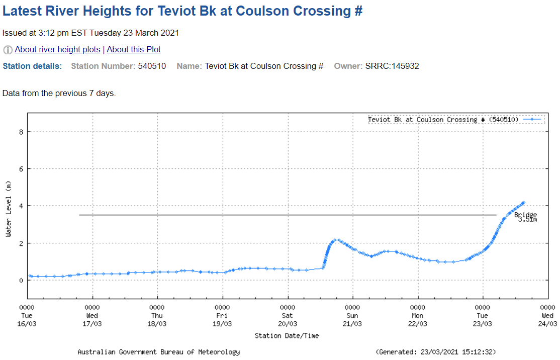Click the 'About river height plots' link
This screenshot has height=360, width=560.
pyautogui.click(x=57, y=50)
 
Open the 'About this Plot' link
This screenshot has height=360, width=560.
pyautogui.click(x=134, y=50)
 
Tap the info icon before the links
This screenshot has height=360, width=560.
pyautogui.click(x=8, y=50)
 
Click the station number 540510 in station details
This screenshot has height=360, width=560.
pyautogui.click(x=152, y=66)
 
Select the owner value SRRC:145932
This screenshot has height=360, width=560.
pyautogui.click(x=392, y=66)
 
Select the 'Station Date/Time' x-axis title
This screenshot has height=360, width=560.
pyautogui.click(x=287, y=335)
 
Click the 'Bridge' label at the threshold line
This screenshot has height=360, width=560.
pyautogui.click(x=525, y=215)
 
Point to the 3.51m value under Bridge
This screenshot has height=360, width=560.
pyautogui.click(x=527, y=220)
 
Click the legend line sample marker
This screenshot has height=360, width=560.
pyautogui.click(x=532, y=120)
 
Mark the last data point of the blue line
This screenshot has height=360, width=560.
pyautogui.click(x=523, y=203)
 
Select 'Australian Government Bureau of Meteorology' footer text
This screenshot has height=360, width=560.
pyautogui.click(x=158, y=352)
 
